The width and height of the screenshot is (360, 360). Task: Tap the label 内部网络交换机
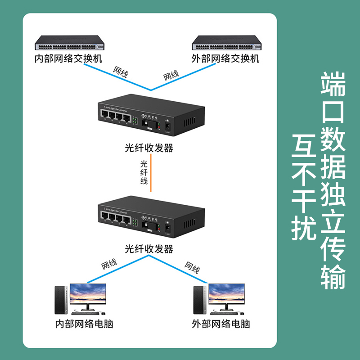pyautogui.click(x=69, y=59)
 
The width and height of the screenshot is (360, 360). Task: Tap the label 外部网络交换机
pyautogui.click(x=225, y=59)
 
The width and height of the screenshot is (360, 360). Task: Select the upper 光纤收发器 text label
pyautogui.click(x=149, y=148)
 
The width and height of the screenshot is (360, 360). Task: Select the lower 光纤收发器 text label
pyautogui.click(x=149, y=249)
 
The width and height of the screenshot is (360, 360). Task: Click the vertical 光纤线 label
pyautogui.click(x=144, y=172)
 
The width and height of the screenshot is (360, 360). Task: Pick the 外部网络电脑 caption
pyautogui.click(x=220, y=324)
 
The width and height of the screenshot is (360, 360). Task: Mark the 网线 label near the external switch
pyautogui.click(x=171, y=75)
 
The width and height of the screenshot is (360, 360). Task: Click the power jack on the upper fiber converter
pyautogui.click(x=168, y=126)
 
